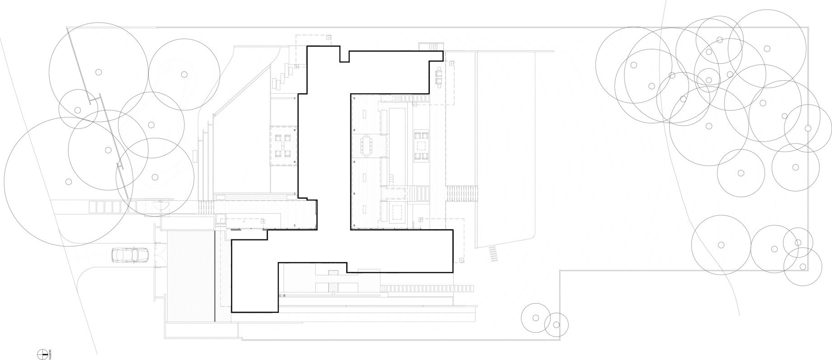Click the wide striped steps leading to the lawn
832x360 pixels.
[462, 194]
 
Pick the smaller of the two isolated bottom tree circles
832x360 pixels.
[556, 325]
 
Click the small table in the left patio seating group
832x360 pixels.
[284, 145]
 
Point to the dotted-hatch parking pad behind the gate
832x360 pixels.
[190, 276]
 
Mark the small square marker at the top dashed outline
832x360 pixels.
[329, 38]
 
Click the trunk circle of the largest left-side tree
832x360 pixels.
[69, 182]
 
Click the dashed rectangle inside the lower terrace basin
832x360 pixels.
[397, 212]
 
